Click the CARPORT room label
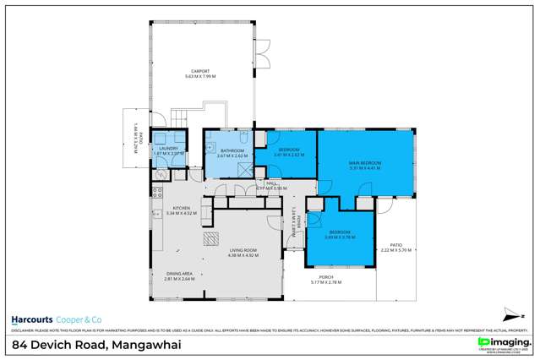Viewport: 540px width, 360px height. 201,71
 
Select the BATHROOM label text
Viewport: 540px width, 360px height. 231,149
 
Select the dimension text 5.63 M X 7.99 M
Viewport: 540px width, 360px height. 201,77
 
